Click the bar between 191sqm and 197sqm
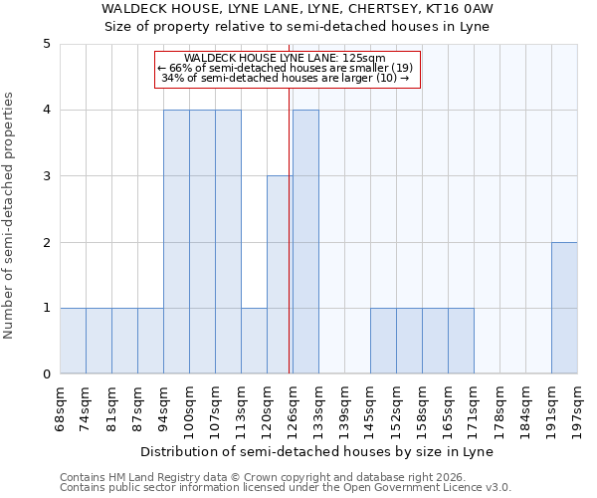click(x=564, y=308)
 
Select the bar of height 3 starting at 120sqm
click(x=280, y=275)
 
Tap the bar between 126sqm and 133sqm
click(x=305, y=242)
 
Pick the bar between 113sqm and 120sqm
click(x=254, y=341)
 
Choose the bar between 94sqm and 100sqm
click(x=176, y=242)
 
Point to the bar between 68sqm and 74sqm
click(x=73, y=341)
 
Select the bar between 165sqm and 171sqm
click(x=461, y=341)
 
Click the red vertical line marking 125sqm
click(x=289, y=249)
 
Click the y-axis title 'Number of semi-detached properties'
click(x=10, y=215)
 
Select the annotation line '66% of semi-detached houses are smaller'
click(x=289, y=68)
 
